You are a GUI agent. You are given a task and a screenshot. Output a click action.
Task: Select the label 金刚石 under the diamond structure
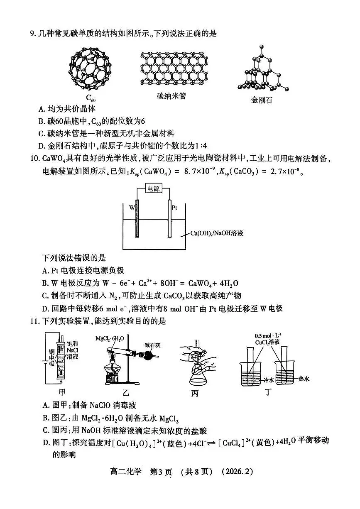tap(262, 100)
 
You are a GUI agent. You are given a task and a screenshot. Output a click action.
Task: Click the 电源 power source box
tap(154, 188)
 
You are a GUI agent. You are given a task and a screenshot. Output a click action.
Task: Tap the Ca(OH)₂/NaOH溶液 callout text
tap(217, 233)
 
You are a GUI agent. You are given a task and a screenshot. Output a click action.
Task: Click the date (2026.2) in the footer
tap(238, 472)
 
